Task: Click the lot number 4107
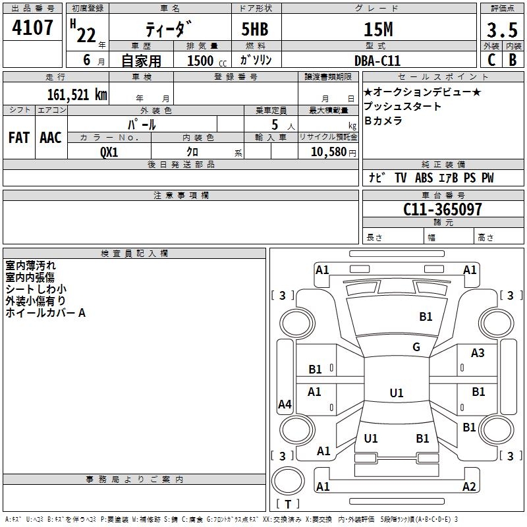33,28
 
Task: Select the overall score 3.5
501,30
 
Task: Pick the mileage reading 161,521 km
76,94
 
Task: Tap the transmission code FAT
18,138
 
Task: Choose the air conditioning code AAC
51,138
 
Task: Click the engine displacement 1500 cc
205,61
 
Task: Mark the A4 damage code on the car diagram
285,404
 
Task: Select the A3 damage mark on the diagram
478,353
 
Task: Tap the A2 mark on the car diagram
469,487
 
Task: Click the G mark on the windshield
416,347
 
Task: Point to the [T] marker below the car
288,505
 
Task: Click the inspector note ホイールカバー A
45,313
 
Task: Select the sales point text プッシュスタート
402,107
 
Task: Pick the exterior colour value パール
142,124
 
